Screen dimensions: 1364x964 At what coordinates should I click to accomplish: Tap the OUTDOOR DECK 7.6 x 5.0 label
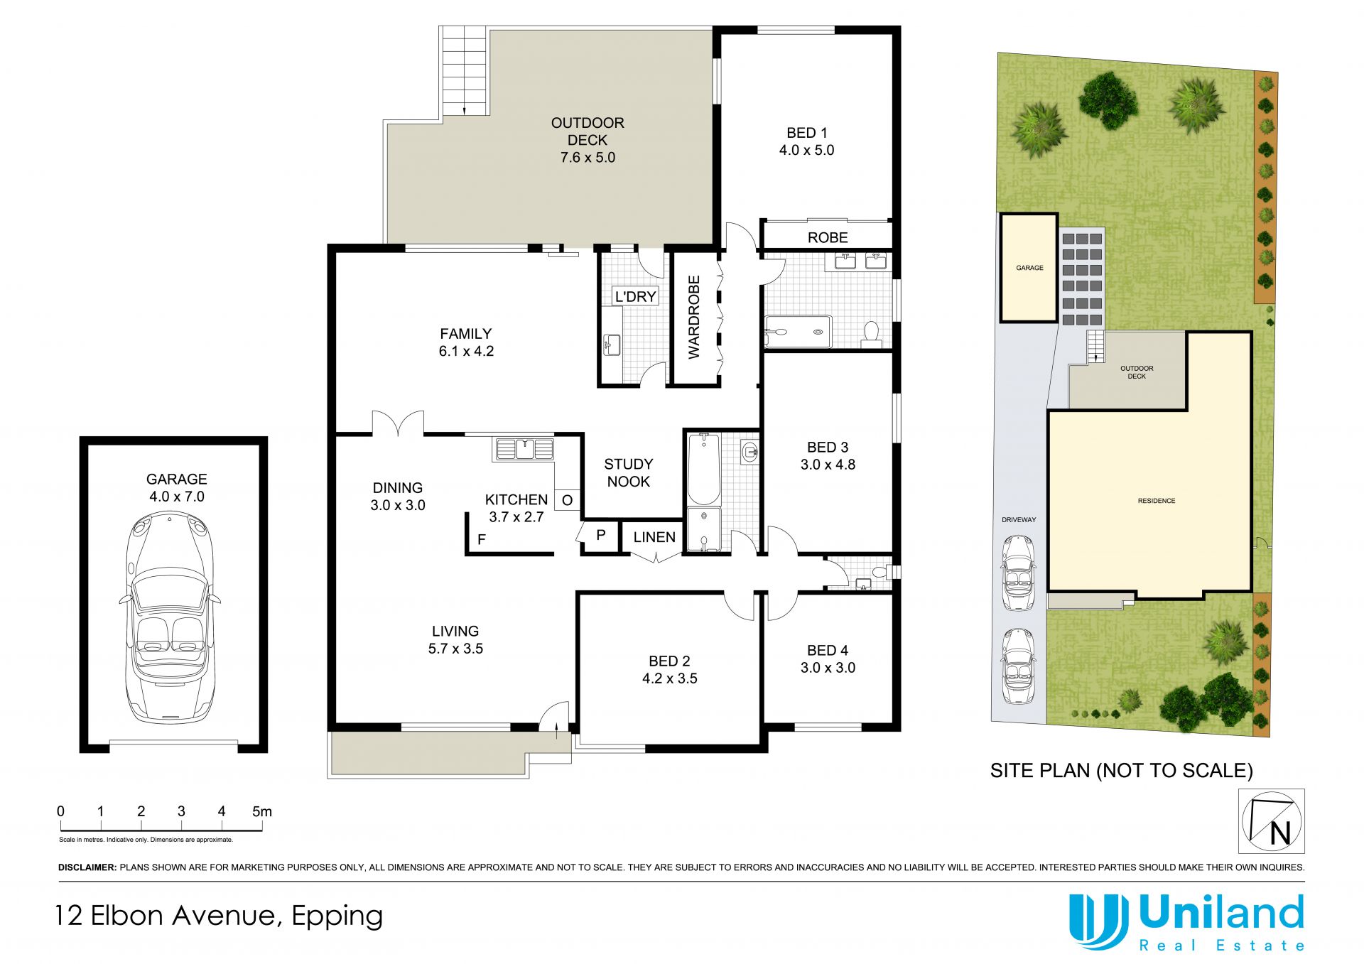[588, 140]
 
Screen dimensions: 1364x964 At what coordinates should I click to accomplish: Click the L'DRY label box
[635, 296]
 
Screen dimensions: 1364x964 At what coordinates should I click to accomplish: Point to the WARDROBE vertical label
[694, 317]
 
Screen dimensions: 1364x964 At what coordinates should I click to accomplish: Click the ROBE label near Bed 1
[828, 237]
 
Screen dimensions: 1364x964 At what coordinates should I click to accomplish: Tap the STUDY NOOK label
[628, 472]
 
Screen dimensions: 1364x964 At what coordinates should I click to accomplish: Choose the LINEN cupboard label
[654, 537]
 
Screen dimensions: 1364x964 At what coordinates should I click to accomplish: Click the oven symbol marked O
[567, 500]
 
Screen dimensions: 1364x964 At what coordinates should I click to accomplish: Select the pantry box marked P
[601, 535]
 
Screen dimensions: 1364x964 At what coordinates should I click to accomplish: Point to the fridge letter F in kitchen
[482, 540]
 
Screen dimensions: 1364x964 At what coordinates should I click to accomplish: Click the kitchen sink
[524, 449]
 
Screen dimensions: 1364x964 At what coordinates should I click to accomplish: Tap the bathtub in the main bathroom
[703, 470]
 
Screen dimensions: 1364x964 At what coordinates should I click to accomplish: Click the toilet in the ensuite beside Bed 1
[871, 334]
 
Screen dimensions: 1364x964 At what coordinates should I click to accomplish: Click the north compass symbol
[1272, 821]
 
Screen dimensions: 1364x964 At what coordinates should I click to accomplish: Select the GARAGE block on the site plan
[1029, 268]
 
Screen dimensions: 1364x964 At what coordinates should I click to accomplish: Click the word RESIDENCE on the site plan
[1157, 501]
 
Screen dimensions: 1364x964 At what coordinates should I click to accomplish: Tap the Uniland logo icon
[1098, 921]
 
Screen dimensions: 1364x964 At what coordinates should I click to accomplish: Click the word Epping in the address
[337, 916]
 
